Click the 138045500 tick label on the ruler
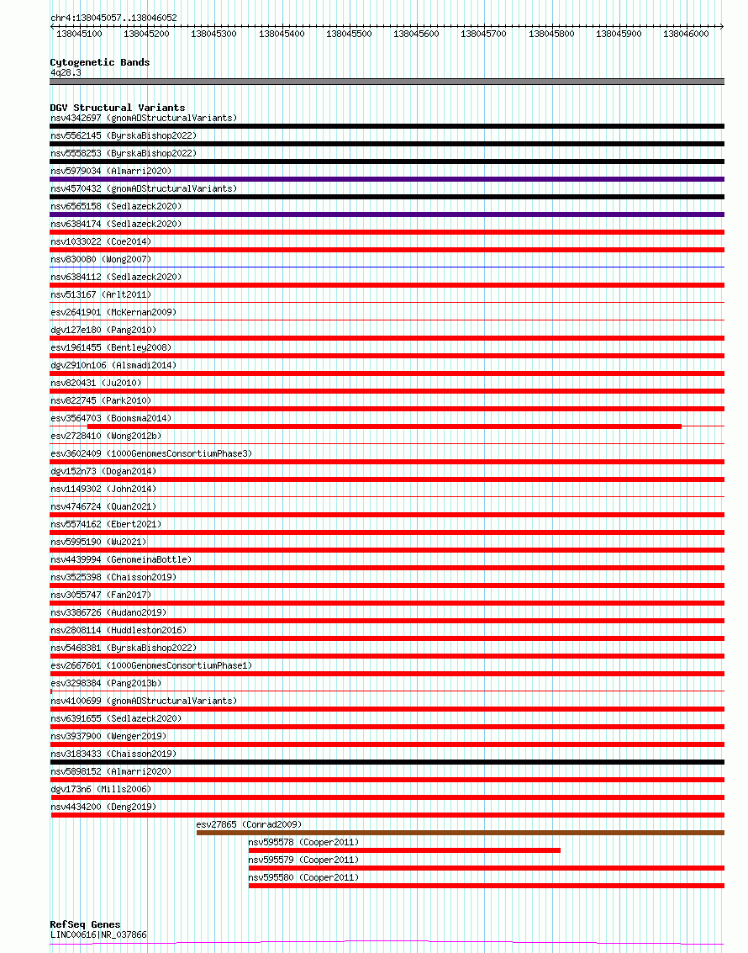pyautogui.click(x=349, y=34)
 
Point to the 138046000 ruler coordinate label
pyautogui.click(x=686, y=34)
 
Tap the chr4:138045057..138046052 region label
pyautogui.click(x=113, y=18)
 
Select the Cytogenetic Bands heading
pyautogui.click(x=100, y=62)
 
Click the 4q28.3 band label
pyautogui.click(x=66, y=73)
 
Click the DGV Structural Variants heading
pyautogui.click(x=118, y=108)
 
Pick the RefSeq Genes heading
pyautogui.click(x=85, y=924)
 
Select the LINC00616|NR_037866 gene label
pyautogui.click(x=98, y=934)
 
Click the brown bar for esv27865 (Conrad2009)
pyautogui.click(x=460, y=833)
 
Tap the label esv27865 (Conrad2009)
pyautogui.click(x=249, y=824)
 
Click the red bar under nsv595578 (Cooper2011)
pyautogui.click(x=404, y=850)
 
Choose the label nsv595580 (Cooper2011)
pyautogui.click(x=303, y=877)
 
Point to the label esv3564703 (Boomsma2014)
pyautogui.click(x=111, y=418)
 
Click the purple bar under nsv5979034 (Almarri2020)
pyautogui.click(x=387, y=179)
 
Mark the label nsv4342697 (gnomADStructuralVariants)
pyautogui.click(x=144, y=118)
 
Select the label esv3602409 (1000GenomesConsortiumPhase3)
pyautogui.click(x=151, y=453)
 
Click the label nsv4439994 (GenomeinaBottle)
pyautogui.click(x=121, y=559)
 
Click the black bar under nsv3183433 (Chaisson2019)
pyautogui.click(x=387, y=762)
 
